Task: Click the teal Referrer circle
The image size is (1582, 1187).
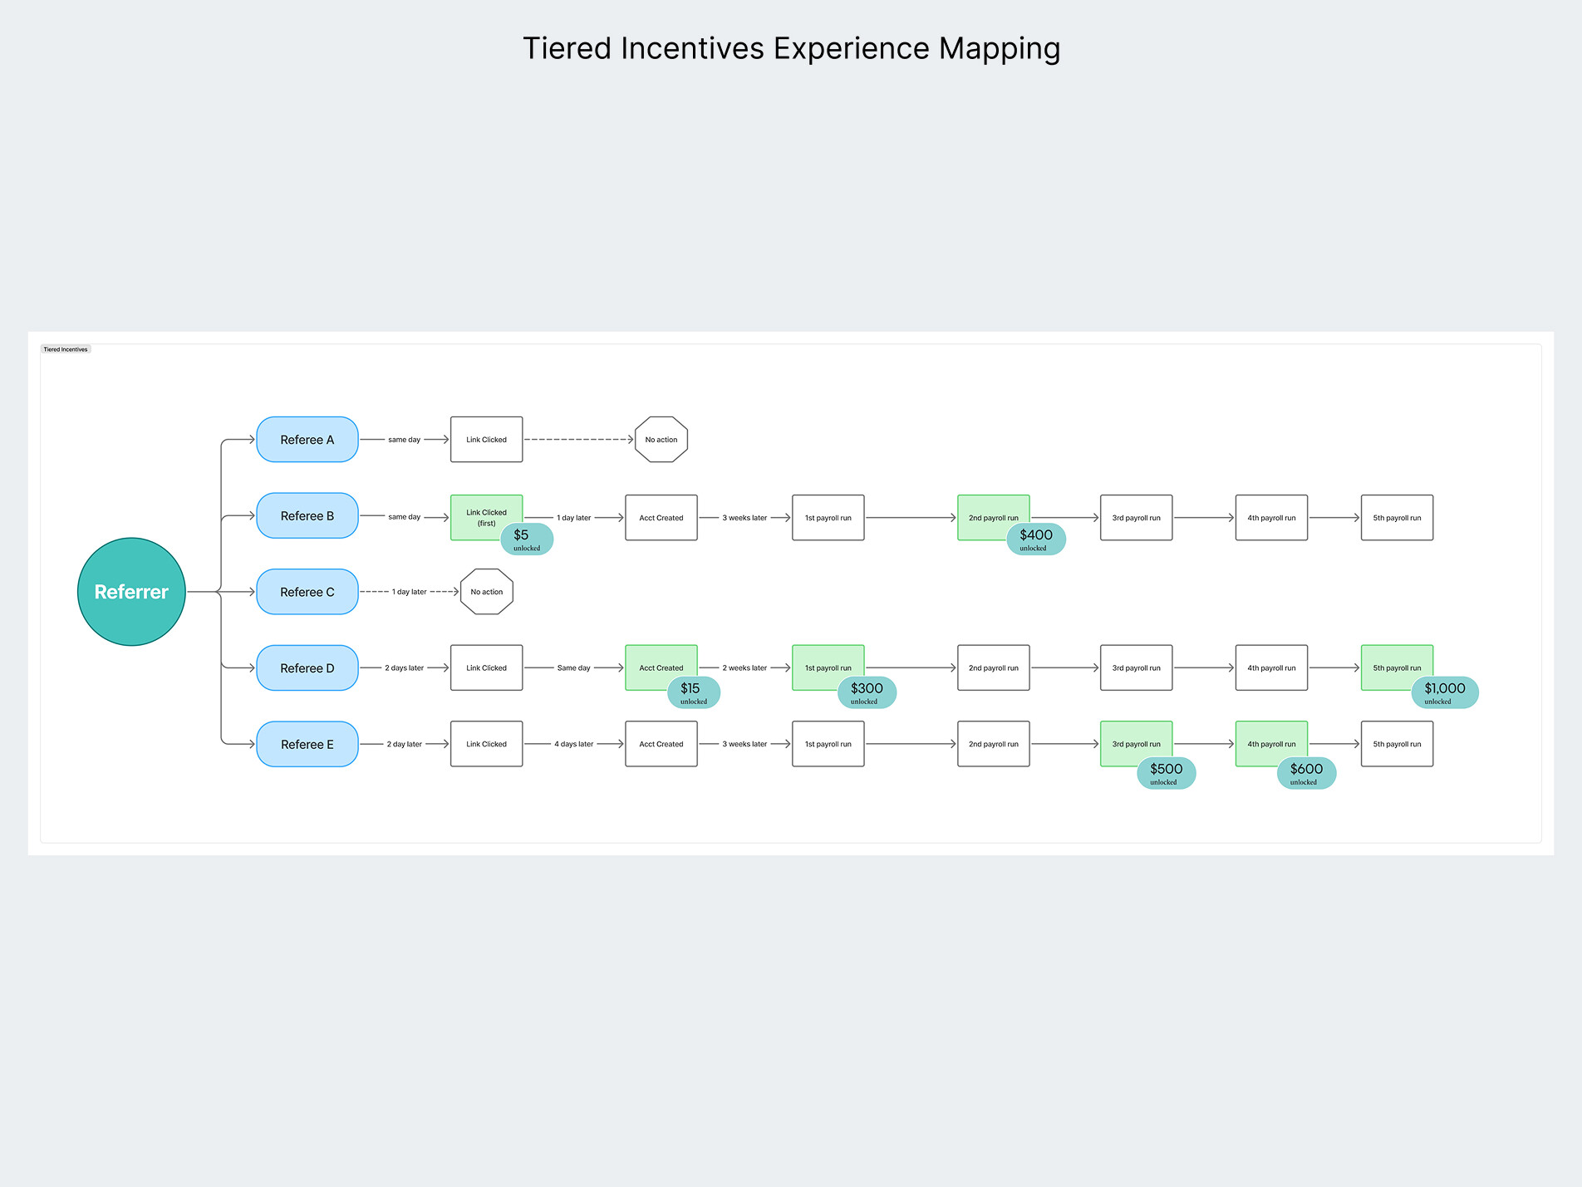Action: [x=131, y=592]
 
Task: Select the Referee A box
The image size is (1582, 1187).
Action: [x=307, y=440]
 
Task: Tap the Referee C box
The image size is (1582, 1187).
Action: [x=307, y=592]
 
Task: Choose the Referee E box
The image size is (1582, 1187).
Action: [x=307, y=744]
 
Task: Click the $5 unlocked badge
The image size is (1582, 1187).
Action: [x=527, y=539]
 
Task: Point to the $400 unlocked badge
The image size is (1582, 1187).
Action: [x=1036, y=539]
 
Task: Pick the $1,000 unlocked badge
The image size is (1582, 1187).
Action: [x=1445, y=692]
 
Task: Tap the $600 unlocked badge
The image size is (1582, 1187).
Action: [x=1306, y=773]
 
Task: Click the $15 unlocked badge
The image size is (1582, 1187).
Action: [x=694, y=692]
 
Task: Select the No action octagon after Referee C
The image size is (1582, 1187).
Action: [x=487, y=592]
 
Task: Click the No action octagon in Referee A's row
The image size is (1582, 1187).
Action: [x=661, y=440]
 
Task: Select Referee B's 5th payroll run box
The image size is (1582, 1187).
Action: [x=1397, y=518]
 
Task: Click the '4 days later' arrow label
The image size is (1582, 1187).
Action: [x=573, y=744]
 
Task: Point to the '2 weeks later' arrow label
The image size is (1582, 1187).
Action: [x=744, y=668]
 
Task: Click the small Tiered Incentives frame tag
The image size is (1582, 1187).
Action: [x=66, y=349]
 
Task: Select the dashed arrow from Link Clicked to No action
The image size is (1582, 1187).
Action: [x=578, y=440]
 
